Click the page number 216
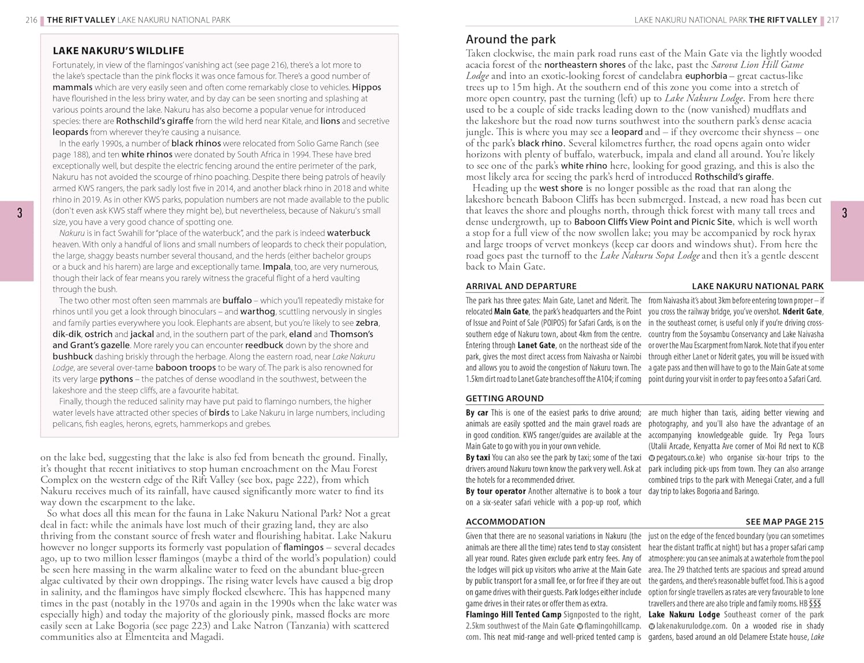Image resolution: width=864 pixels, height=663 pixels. pyautogui.click(x=31, y=20)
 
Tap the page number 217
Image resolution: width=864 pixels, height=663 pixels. pyautogui.click(x=833, y=20)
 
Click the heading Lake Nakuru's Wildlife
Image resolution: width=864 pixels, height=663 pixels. pyautogui.click(x=118, y=51)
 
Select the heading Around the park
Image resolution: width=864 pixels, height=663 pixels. pyautogui.click(x=510, y=39)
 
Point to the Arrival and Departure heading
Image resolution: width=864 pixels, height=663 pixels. pyautogui.click(x=521, y=286)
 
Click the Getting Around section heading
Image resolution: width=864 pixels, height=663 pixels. pyautogui.click(x=505, y=399)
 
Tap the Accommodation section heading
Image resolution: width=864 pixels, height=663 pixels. pyautogui.click(x=505, y=522)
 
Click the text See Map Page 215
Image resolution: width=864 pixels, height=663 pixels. pyautogui.click(x=785, y=522)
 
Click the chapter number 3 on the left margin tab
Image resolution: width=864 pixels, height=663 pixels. pyautogui.click(x=20, y=214)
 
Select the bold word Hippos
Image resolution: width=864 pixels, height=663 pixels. pyautogui.click(x=366, y=88)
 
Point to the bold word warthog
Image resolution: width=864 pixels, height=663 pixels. pyautogui.click(x=257, y=312)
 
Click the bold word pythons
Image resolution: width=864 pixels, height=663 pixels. pyautogui.click(x=116, y=379)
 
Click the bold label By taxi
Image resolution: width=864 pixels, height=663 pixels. pyautogui.click(x=478, y=458)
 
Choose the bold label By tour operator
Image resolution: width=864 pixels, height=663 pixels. pyautogui.click(x=495, y=491)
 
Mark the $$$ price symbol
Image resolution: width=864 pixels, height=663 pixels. pyautogui.click(x=815, y=604)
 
